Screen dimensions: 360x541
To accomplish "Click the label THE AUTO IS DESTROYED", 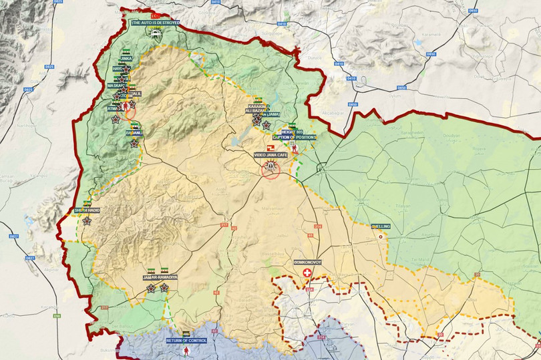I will tap(155, 23).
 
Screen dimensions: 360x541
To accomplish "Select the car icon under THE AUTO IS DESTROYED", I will tap(155, 31).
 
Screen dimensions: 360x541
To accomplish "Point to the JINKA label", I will tap(126, 59).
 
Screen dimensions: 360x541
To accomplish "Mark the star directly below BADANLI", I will tap(134, 143).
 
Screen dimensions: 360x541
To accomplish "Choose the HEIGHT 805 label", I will tap(291, 132).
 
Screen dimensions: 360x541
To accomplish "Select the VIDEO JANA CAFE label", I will tap(270, 155).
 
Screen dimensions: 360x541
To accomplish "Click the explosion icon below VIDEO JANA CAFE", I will tap(270, 166).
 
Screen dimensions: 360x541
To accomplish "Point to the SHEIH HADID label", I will tap(87, 210).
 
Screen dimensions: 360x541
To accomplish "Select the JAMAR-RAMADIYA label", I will tap(160, 277).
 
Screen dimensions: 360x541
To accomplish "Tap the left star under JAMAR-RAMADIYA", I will tap(151, 288).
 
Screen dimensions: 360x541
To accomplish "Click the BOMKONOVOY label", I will tap(308, 262).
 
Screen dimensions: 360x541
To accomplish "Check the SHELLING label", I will tap(381, 227).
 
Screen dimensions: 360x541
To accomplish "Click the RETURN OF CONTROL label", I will tap(186, 340).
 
